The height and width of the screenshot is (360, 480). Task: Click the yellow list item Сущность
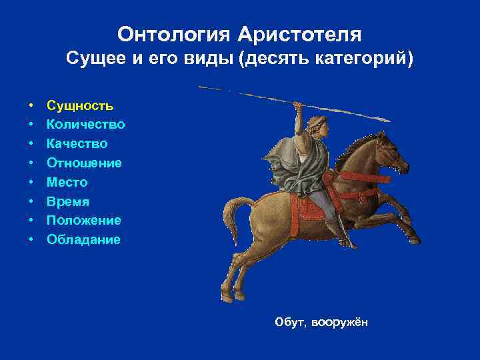[80, 105]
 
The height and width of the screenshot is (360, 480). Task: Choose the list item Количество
[86, 125]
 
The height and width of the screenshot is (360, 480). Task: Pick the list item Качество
[77, 144]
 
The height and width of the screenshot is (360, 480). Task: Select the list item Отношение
[84, 163]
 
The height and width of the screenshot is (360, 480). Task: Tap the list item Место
[67, 182]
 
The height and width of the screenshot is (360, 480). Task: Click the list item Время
[68, 201]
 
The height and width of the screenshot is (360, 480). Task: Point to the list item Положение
[84, 220]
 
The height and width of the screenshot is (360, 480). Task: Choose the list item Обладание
[84, 239]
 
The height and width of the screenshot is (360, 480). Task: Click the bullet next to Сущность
[31, 106]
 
